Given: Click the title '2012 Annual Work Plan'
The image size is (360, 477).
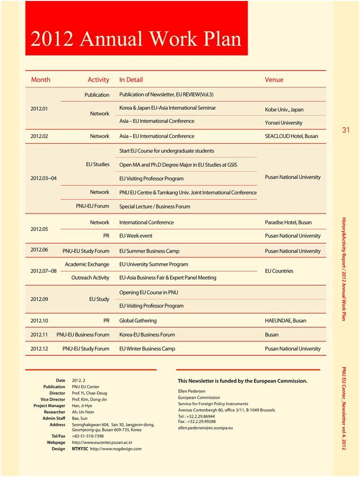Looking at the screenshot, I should (136, 38).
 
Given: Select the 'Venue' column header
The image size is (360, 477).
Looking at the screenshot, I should (274, 80).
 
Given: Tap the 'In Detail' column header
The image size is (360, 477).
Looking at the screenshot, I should (131, 80).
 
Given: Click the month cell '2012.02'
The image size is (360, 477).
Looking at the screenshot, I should (39, 136).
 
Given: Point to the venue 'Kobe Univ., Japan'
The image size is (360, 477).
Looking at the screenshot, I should (284, 110).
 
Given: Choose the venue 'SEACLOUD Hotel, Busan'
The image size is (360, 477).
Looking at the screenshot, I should (291, 136).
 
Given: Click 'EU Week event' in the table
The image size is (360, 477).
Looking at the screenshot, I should (136, 236).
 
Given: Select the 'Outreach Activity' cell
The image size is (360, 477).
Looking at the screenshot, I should (90, 277).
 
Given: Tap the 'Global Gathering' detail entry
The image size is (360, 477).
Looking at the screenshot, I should (138, 321).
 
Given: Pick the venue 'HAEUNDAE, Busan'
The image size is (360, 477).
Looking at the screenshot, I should (286, 321).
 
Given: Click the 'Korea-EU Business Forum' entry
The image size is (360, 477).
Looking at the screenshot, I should (147, 334).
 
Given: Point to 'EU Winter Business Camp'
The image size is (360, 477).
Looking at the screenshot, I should (147, 349).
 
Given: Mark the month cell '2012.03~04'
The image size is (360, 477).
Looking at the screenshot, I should (44, 178).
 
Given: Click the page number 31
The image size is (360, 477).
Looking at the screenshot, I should (346, 130).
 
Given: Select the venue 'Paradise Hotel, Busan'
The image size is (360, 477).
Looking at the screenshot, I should (288, 222).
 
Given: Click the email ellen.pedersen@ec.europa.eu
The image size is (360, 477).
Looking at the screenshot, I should (205, 428).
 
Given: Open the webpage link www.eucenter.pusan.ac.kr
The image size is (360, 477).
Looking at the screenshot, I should (102, 442).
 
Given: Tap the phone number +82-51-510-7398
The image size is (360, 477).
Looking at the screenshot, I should (88, 436).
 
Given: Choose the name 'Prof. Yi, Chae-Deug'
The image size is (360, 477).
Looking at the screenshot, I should (90, 393).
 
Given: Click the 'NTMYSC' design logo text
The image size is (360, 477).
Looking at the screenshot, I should (80, 449).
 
